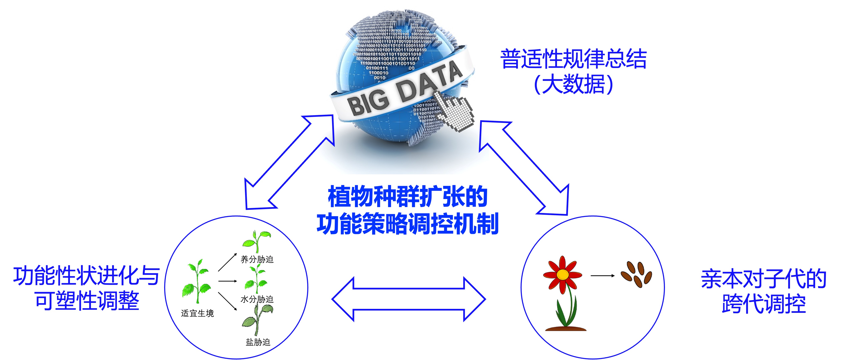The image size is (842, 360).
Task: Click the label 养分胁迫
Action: point(257,259)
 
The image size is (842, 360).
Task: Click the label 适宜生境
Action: point(197,313)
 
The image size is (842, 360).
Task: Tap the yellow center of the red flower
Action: point(562,274)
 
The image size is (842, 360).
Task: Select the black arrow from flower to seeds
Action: point(602,276)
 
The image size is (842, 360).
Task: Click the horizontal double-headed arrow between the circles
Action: point(409,299)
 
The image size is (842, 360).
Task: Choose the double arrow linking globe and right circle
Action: point(524,168)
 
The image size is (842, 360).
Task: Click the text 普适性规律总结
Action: point(573,59)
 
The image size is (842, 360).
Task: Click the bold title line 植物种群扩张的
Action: point(408,197)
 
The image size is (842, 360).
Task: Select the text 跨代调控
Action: point(764,304)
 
